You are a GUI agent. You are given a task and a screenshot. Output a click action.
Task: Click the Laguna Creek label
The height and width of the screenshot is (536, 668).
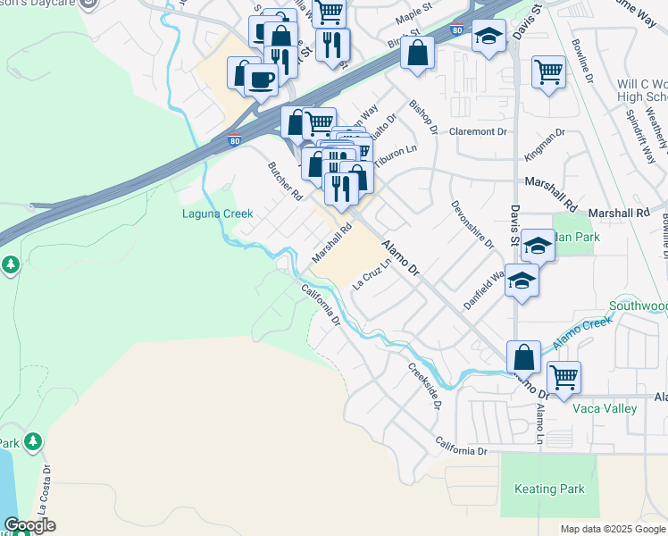click(218, 214)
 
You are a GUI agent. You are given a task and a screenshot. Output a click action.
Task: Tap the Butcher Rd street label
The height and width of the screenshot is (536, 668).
click(286, 180)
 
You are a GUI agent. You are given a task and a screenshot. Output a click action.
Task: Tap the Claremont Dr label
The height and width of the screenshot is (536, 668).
click(478, 131)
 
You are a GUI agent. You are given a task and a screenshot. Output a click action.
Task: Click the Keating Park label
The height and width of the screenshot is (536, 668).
click(549, 490)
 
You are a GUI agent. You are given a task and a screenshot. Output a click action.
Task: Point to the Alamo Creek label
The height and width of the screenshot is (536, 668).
click(582, 333)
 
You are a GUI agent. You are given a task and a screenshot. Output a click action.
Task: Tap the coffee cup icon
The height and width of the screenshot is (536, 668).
click(261, 80)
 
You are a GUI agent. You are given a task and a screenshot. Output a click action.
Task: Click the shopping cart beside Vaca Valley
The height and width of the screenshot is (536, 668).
click(564, 377)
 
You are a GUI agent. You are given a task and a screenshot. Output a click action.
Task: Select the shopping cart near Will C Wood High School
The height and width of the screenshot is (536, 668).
click(547, 71)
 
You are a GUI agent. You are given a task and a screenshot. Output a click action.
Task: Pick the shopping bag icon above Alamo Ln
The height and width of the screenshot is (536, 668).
click(523, 356)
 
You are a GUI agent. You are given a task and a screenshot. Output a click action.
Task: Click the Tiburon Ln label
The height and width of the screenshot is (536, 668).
click(398, 150)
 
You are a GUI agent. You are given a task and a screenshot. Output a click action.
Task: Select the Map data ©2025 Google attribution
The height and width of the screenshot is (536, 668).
click(612, 529)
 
